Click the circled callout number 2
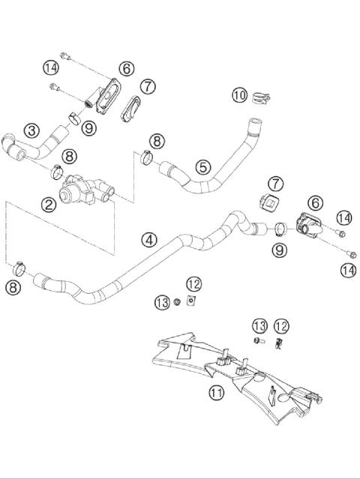49,203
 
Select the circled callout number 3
31,130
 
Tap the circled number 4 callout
149,240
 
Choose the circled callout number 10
238,95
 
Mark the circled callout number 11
216,391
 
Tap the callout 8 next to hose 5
156,140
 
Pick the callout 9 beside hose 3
89,128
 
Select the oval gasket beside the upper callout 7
130,107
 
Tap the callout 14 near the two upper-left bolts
50,67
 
